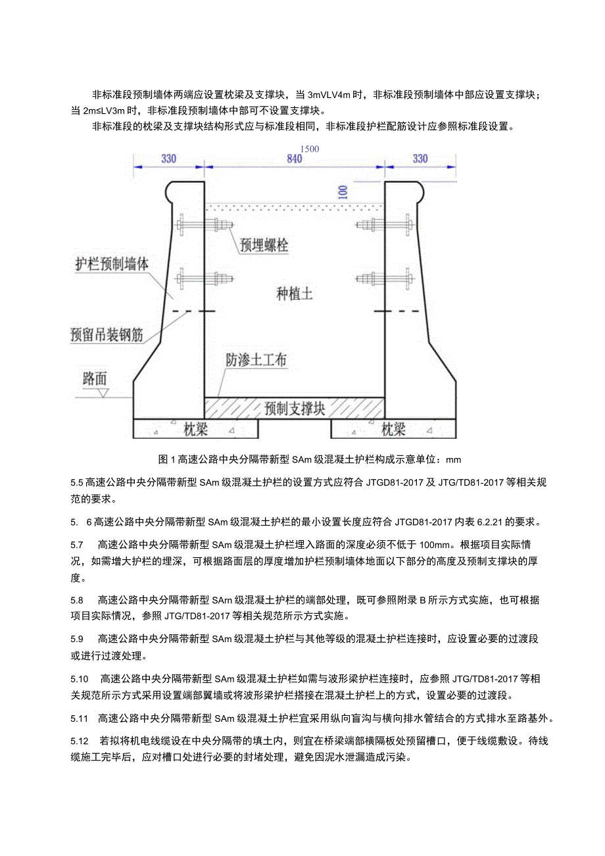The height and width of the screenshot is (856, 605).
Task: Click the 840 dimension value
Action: (294, 159)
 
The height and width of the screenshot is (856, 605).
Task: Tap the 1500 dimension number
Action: (308, 149)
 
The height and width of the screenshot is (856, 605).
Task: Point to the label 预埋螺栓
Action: (264, 245)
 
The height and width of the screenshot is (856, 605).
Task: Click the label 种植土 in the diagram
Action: (294, 294)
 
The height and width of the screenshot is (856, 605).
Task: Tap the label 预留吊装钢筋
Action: (106, 334)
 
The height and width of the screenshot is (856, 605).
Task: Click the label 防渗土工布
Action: (256, 361)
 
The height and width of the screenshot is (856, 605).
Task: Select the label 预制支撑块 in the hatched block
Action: (294, 409)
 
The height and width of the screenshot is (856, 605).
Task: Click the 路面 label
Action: (95, 379)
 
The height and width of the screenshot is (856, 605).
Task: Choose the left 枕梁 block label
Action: (195, 430)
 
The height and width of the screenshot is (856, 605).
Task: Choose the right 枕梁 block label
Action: (393, 430)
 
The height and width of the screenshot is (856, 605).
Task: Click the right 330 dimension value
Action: (420, 159)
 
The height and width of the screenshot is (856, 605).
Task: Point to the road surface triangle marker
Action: (103, 393)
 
